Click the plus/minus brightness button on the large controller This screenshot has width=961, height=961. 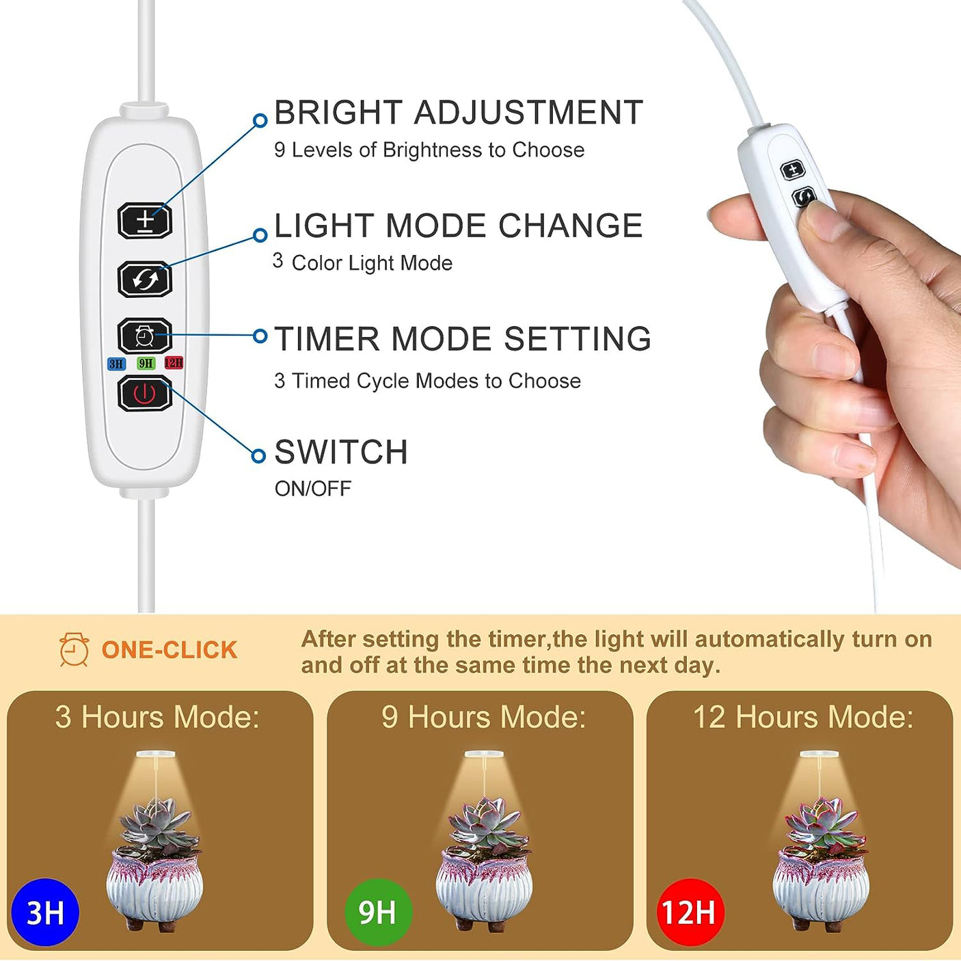point(145,220)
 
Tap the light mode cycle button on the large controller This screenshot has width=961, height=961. point(145,279)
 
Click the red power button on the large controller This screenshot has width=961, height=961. point(145,394)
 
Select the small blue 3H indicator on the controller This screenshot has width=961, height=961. point(116,364)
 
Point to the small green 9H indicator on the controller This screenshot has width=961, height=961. point(146,363)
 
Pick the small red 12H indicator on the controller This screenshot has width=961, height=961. point(174,362)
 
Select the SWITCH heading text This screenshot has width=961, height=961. point(341,452)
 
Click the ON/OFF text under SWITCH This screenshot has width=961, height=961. point(312,489)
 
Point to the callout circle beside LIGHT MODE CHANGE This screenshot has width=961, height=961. point(260,234)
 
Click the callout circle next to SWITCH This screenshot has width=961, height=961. point(258,455)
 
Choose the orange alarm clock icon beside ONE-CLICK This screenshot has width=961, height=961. point(75,649)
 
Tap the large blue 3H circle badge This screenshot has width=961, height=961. point(45,912)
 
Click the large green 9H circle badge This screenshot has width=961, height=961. point(378,912)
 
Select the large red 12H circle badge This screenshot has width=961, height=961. point(691,912)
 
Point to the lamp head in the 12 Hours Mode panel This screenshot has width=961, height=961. point(819,755)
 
